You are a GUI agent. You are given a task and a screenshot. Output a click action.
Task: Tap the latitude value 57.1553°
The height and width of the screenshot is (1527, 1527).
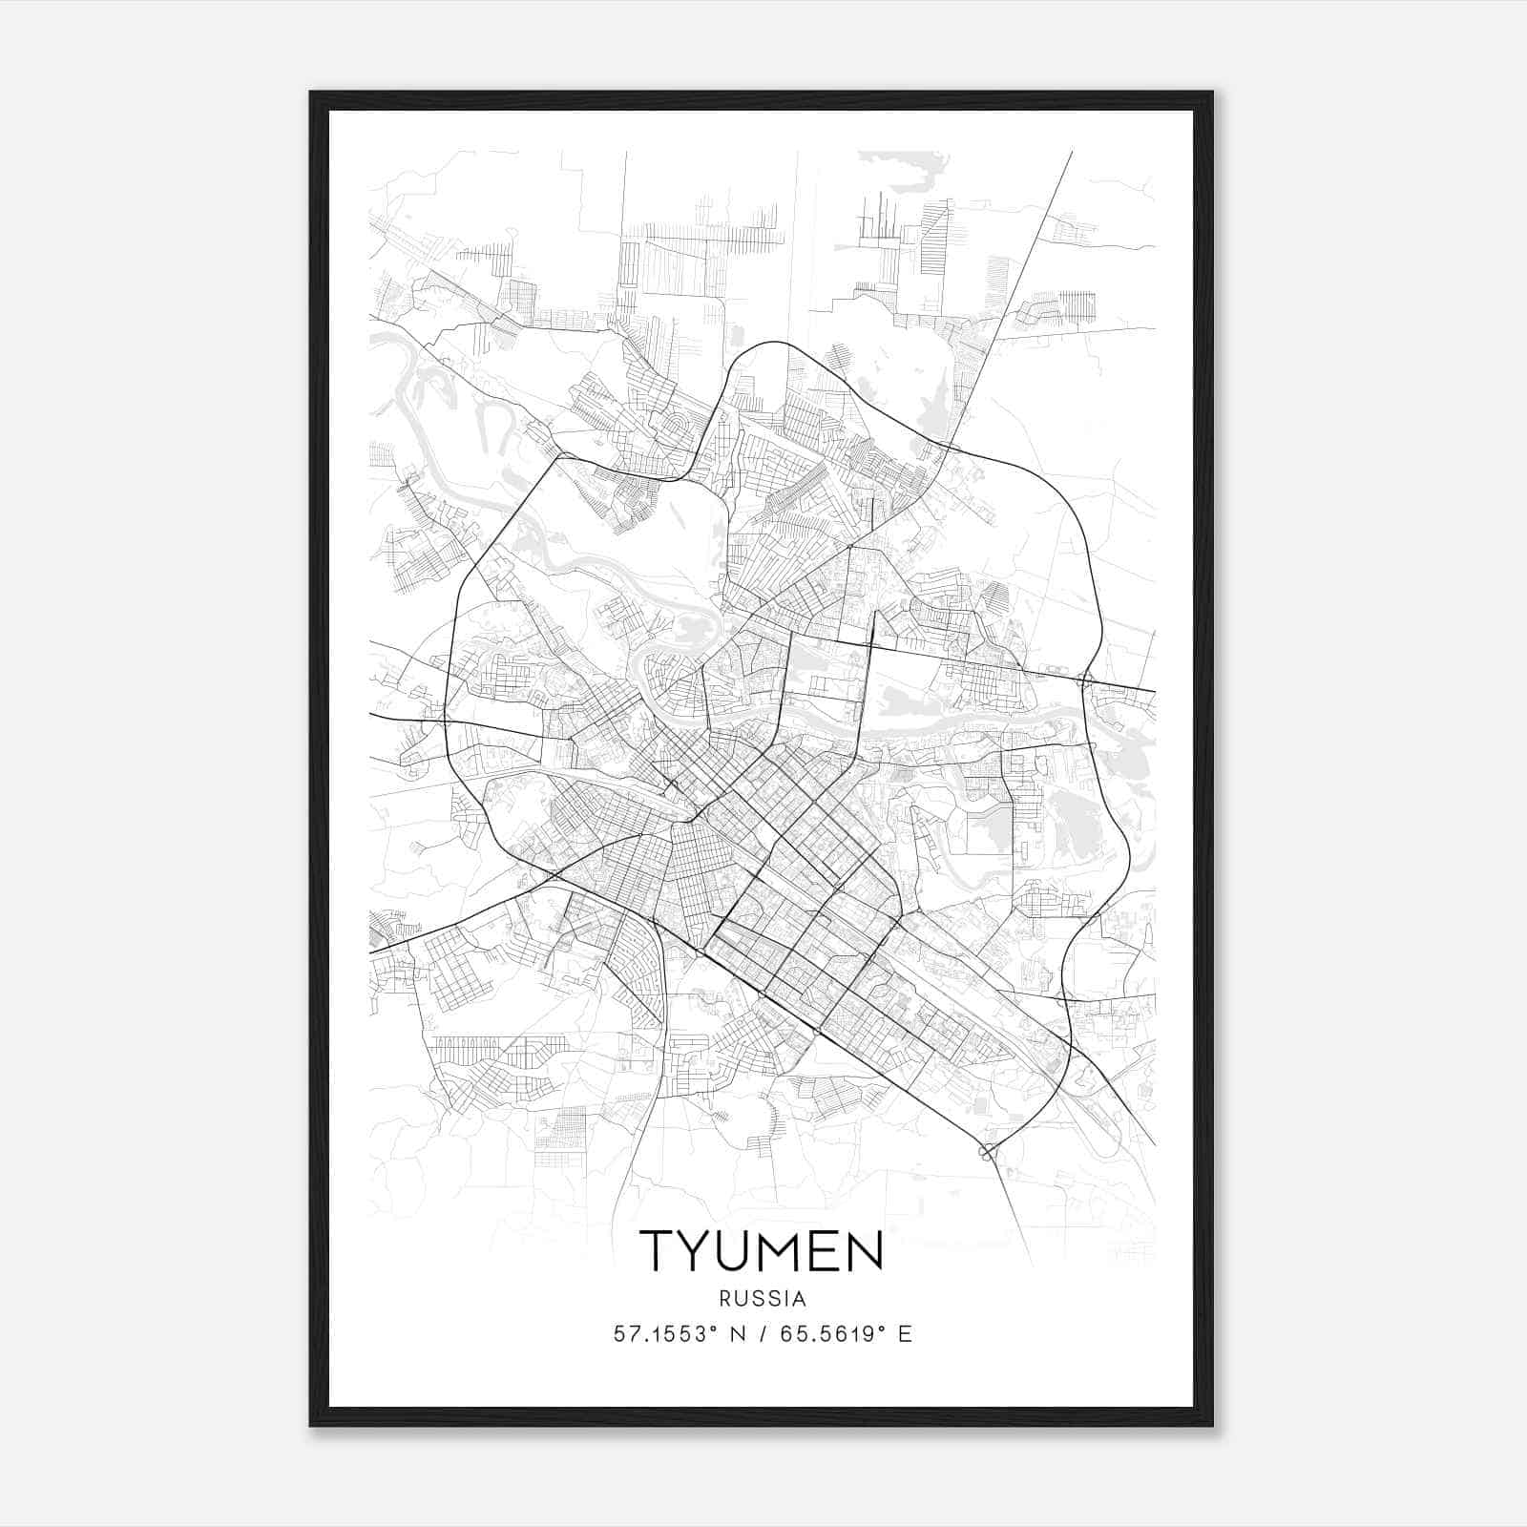[x=665, y=1334]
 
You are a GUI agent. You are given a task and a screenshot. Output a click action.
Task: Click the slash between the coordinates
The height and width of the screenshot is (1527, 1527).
[x=764, y=1334]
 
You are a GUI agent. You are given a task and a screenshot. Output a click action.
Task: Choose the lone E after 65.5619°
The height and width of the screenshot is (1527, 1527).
[x=905, y=1334]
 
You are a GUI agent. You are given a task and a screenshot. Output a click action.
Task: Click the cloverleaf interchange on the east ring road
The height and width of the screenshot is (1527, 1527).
[x=1084, y=680]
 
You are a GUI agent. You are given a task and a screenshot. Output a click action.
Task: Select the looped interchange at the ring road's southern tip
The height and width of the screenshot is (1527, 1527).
[x=990, y=1151]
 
